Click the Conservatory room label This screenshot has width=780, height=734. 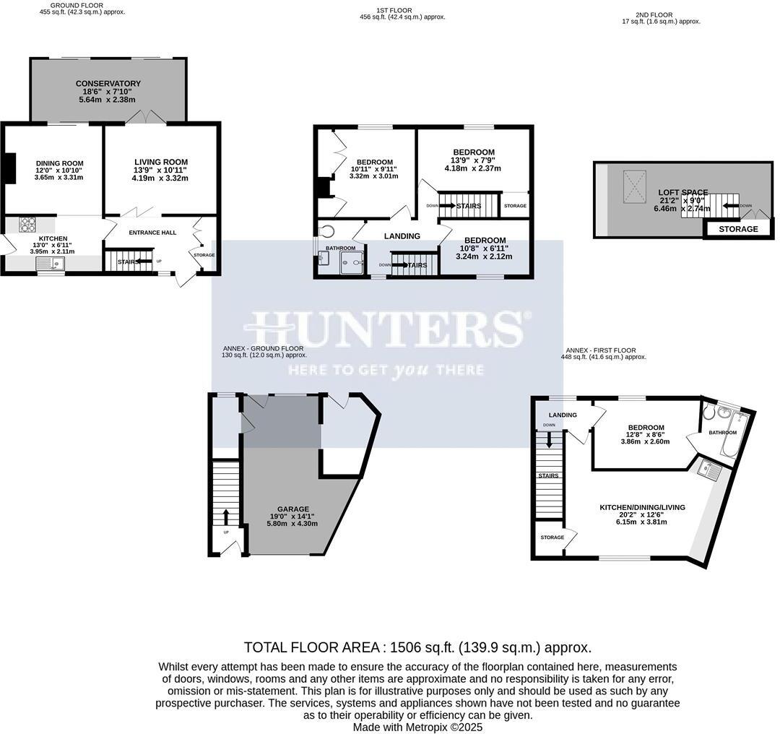(108, 84)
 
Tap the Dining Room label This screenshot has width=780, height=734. (59, 163)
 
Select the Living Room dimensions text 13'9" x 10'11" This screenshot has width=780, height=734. (161, 170)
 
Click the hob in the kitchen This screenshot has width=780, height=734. (28, 224)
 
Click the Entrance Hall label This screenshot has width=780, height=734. (152, 233)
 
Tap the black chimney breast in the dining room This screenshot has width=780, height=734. (9, 168)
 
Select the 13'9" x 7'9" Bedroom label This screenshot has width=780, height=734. (473, 152)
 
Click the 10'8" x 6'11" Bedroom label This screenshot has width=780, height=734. (485, 241)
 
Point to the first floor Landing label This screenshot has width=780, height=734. (402, 236)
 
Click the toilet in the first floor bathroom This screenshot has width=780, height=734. (329, 232)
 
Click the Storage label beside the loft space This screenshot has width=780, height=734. (738, 229)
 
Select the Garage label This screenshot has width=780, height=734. (292, 509)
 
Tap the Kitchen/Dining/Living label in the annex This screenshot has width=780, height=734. (641, 507)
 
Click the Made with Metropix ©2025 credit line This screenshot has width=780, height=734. (417, 727)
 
